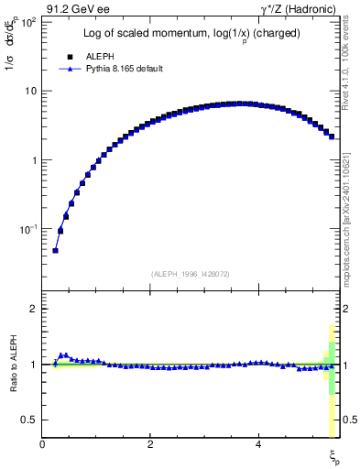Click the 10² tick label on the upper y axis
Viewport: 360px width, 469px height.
click(27, 21)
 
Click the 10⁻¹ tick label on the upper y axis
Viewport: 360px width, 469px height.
click(27, 228)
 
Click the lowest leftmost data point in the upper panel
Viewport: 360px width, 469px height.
click(55, 250)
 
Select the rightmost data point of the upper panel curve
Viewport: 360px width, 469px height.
click(331, 136)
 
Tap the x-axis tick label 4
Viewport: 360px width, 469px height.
click(258, 445)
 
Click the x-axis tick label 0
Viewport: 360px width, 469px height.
click(43, 445)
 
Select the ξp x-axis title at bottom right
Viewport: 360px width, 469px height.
click(333, 455)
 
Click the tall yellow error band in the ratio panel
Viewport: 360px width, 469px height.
click(331, 412)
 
